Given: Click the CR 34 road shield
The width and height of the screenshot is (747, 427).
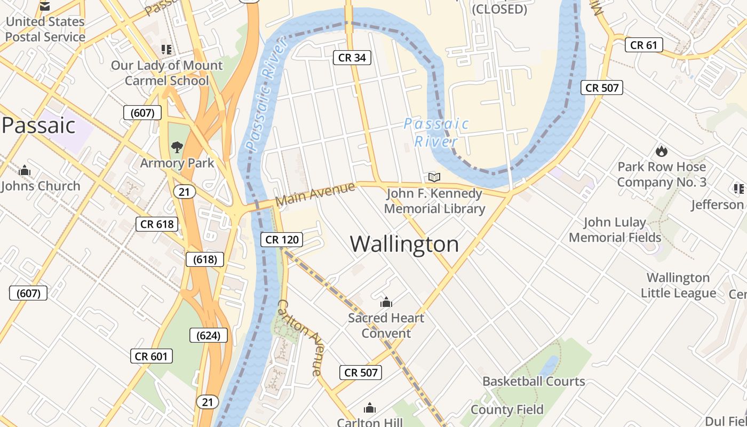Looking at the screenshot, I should click(x=352, y=58).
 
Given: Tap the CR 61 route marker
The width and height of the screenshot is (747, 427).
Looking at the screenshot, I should click(x=643, y=45).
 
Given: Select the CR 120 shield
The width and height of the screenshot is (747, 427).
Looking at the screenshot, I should click(x=282, y=240).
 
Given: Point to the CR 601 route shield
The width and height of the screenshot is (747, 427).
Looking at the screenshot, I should click(x=152, y=356).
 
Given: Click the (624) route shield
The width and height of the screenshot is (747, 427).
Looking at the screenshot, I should click(x=209, y=335).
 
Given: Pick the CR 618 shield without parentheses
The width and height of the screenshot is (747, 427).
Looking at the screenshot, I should click(x=157, y=224).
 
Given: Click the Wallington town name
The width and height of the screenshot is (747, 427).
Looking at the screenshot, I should click(x=404, y=244).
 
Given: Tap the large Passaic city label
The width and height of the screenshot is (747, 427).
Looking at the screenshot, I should click(x=38, y=125).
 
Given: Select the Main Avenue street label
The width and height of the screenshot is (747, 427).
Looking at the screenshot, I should click(x=315, y=194).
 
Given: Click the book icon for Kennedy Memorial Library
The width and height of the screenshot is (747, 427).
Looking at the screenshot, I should click(x=435, y=177).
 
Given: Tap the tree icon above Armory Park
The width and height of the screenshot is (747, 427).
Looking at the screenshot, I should click(x=177, y=147).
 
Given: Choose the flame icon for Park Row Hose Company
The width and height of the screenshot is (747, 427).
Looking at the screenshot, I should click(x=662, y=151).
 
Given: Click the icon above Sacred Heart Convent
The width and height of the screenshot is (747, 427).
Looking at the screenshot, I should click(x=386, y=303).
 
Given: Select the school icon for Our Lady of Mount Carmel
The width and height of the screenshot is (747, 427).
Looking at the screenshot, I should click(x=166, y=50).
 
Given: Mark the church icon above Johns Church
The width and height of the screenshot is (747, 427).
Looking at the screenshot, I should click(x=24, y=171).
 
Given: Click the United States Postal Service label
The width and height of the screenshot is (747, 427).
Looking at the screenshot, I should click(x=45, y=29).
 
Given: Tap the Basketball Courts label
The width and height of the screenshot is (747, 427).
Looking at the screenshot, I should click(x=534, y=381).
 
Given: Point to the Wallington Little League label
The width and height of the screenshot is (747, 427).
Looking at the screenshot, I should click(x=678, y=285).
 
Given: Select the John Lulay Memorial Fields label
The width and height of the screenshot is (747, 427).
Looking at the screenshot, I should click(x=615, y=230).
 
